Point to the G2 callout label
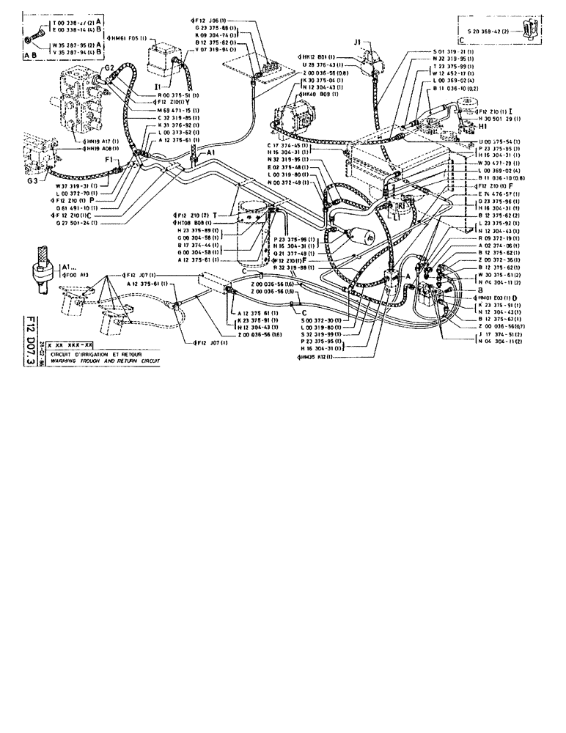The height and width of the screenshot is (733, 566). (x=108, y=67)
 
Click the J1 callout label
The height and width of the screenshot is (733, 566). (x=358, y=43)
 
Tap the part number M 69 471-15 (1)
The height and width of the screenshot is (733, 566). (x=178, y=109)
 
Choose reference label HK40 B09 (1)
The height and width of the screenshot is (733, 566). (x=320, y=95)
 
